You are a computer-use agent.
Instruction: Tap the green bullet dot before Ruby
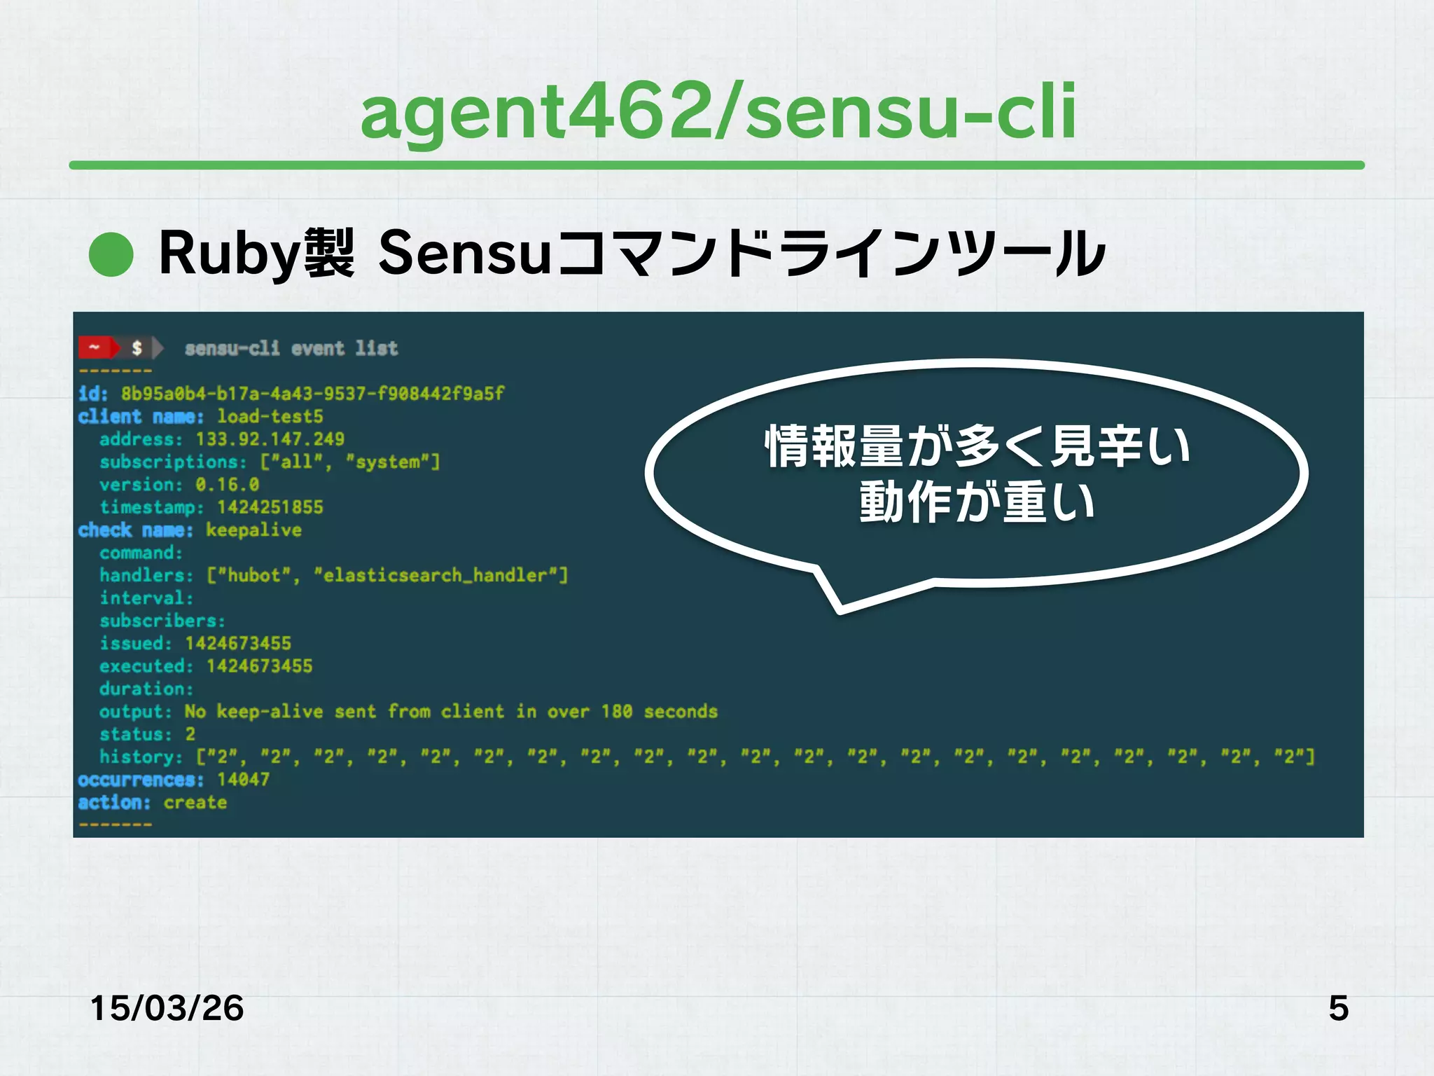click(x=111, y=254)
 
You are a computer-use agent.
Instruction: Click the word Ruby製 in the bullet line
click(x=256, y=254)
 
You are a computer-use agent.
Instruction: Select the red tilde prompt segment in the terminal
click(x=95, y=347)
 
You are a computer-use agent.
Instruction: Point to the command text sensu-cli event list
click(x=291, y=348)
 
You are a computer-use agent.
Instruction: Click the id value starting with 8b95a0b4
click(x=312, y=394)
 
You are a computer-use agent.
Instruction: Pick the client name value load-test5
click(x=270, y=417)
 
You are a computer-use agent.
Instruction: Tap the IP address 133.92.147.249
click(x=270, y=439)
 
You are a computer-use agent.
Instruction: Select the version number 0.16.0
click(x=228, y=485)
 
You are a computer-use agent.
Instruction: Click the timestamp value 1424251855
click(x=270, y=507)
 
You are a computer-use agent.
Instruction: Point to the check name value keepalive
click(x=253, y=530)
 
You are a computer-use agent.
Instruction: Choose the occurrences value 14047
click(x=243, y=780)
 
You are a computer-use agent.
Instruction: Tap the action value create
click(x=195, y=803)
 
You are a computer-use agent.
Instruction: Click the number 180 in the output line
click(x=616, y=712)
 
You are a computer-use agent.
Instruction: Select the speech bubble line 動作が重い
click(x=977, y=502)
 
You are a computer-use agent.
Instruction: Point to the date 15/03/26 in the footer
click(x=167, y=1009)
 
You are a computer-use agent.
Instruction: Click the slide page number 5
click(x=1338, y=1009)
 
